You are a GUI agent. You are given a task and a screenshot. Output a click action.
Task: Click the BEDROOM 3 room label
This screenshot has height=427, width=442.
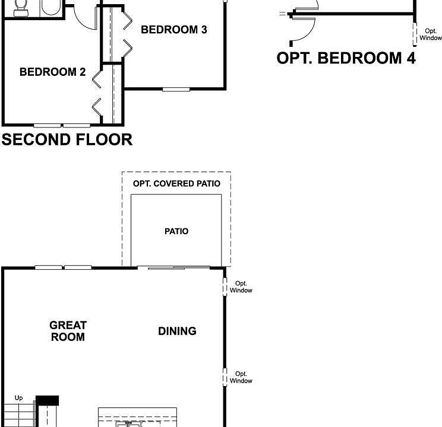click(174, 30)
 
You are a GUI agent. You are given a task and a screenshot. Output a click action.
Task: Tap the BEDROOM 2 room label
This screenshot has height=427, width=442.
click(52, 72)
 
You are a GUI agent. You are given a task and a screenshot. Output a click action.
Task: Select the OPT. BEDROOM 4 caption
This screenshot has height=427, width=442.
click(346, 58)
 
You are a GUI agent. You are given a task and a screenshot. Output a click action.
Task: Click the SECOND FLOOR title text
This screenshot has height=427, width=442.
click(67, 140)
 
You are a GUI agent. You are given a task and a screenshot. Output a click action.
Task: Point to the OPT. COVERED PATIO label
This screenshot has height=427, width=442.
click(176, 184)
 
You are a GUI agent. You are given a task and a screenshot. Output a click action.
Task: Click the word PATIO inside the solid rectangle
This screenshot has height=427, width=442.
click(176, 231)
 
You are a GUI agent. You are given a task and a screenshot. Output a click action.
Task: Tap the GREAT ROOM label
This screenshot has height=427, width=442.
click(68, 331)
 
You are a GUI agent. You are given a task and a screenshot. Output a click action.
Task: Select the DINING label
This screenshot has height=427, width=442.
click(177, 331)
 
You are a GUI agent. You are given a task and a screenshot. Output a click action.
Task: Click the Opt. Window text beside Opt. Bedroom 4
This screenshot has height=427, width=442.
click(431, 34)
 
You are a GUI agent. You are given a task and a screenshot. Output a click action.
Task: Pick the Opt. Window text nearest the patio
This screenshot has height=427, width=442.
click(241, 287)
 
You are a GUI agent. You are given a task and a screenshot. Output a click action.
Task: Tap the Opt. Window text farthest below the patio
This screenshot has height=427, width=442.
click(241, 377)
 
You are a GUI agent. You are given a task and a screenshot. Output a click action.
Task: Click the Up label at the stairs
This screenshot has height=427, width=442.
click(18, 398)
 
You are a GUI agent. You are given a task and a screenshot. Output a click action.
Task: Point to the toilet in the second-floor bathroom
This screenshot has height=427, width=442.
click(21, 7)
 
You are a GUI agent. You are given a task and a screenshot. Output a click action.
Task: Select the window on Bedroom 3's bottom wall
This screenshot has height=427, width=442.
click(176, 90)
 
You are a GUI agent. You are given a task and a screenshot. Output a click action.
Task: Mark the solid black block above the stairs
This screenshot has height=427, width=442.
click(48, 401)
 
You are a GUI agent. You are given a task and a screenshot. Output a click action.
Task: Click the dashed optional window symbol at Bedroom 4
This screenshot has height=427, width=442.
click(415, 34)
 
